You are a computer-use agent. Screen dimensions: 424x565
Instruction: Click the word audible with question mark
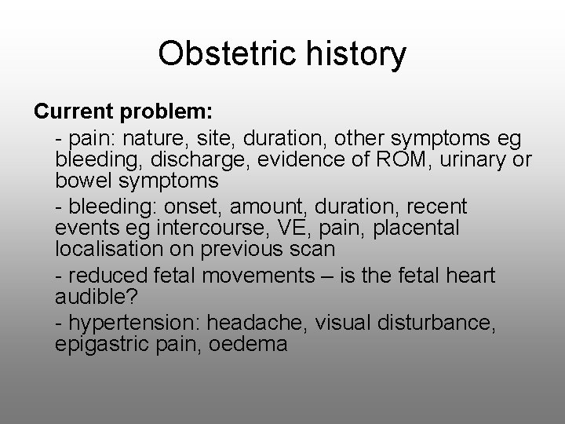pyautogui.click(x=89, y=296)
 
